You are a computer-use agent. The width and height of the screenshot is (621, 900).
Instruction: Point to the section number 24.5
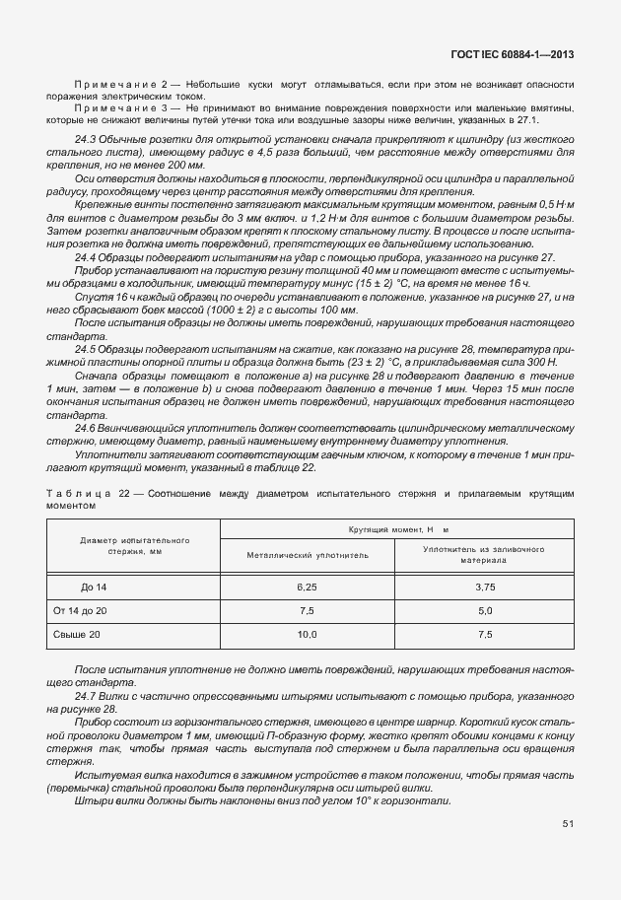[85, 347]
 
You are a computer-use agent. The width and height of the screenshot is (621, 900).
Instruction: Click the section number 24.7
[85, 695]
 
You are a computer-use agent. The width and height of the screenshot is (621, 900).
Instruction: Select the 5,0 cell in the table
[484, 610]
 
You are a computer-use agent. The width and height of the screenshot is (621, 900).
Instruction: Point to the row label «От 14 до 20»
[80, 610]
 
